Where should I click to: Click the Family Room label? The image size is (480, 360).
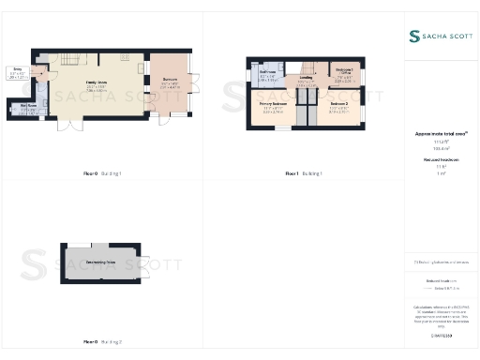(x=96, y=82)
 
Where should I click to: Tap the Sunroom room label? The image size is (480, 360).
(x=170, y=80)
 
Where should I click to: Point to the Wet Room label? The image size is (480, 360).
(x=28, y=106)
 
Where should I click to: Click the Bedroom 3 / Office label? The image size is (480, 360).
(x=344, y=70)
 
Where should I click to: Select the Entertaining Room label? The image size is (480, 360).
(x=100, y=261)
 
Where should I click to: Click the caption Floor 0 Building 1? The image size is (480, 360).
(x=103, y=173)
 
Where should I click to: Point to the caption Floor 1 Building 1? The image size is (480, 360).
(x=305, y=173)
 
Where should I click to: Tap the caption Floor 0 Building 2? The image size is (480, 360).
(x=103, y=342)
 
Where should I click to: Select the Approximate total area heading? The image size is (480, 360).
(x=440, y=134)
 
